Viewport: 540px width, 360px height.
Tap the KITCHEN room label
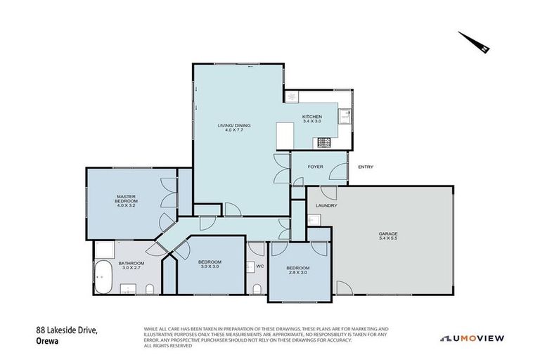pos(311,119)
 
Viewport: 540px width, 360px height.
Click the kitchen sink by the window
pos(345,116)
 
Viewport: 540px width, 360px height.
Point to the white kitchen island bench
pos(284,135)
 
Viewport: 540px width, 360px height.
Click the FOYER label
pos(314,167)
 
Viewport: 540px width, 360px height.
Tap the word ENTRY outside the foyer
pos(366,167)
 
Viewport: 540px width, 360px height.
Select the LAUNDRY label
pos(326,205)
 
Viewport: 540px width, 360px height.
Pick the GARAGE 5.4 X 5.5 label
pos(388,236)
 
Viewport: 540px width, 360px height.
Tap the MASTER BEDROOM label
pos(127,200)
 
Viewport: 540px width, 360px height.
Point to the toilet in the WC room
pos(257,290)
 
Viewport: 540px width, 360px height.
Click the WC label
pos(260,266)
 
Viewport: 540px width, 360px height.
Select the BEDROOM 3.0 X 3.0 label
pos(210,264)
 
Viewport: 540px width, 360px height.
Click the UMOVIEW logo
pos(472,338)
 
